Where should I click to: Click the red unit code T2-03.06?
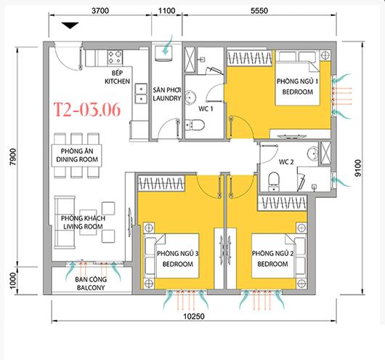point(87,109)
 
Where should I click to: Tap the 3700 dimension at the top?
point(100,11)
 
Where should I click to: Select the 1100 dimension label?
point(167,11)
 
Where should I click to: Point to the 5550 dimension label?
point(259,11)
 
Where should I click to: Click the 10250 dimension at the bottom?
point(194,316)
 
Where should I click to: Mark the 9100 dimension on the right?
point(358,168)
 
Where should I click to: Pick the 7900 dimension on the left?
point(13,156)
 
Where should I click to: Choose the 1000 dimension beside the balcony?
point(13,281)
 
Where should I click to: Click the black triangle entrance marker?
point(70,25)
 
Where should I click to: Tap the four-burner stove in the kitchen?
point(115,57)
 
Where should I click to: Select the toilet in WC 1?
point(195,125)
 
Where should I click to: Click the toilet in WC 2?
point(274,182)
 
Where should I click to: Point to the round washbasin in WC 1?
point(190,97)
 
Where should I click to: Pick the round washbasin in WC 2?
point(312,153)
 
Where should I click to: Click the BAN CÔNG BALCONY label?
point(91,284)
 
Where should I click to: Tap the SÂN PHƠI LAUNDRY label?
point(167,94)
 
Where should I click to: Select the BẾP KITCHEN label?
point(118,77)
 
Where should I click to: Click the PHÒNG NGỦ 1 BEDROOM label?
point(297,87)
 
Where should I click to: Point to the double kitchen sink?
point(141,94)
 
